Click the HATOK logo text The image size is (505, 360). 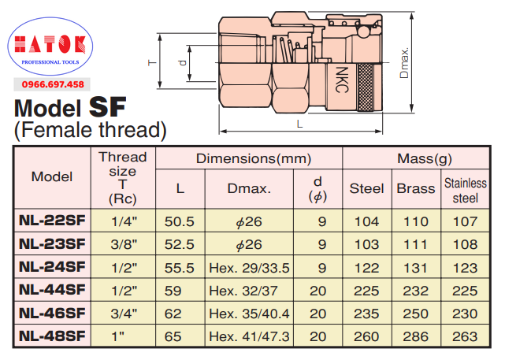(50, 44)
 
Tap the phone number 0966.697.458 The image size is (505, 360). (53, 85)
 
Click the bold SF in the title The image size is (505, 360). (107, 107)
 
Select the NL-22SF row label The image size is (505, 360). (52, 221)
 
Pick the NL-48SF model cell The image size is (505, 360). (52, 336)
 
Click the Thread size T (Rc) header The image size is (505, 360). (123, 178)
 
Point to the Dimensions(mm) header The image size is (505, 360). (254, 158)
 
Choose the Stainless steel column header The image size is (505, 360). (466, 191)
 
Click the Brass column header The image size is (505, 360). (416, 189)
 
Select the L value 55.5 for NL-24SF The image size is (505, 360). (180, 268)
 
